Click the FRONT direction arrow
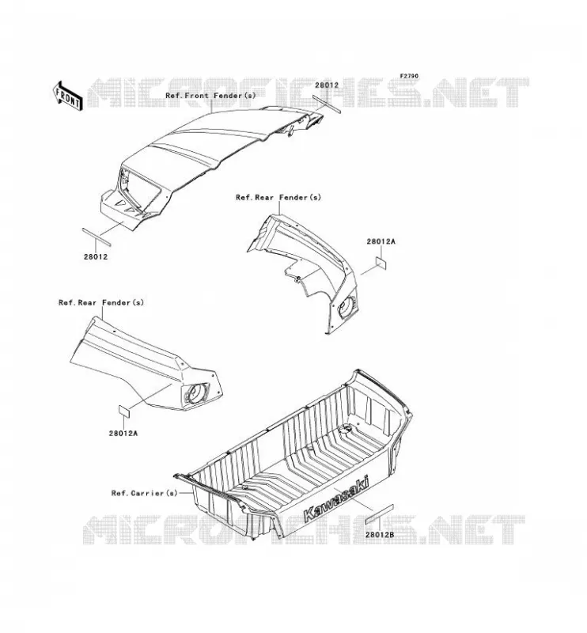tap(68, 96)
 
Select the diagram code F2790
tap(409, 76)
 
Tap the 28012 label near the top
tap(327, 85)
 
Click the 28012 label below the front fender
tap(96, 256)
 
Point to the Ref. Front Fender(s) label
tap(210, 96)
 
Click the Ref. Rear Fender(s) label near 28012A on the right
tap(278, 197)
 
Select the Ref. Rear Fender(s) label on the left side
tap(101, 302)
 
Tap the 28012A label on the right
tap(381, 241)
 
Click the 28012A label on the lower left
tap(123, 433)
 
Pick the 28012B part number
tap(380, 535)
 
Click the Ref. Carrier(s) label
tap(144, 493)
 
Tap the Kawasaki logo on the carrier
tap(336, 499)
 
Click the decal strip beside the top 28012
tap(327, 104)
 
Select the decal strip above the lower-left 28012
tap(96, 237)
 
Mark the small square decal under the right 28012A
tap(381, 263)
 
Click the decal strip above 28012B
tap(379, 514)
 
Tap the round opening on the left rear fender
tap(195, 392)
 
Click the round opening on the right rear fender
tap(347, 308)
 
